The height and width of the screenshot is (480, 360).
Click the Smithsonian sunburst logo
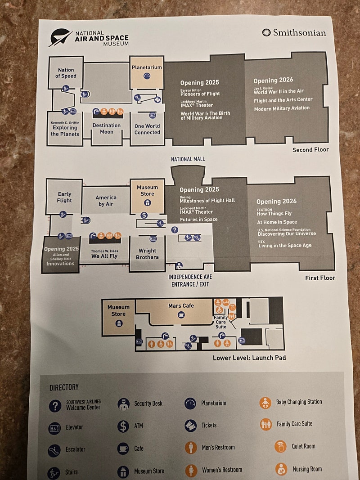266,32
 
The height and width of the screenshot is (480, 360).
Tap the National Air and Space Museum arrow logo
61,37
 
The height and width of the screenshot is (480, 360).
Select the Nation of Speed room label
66,73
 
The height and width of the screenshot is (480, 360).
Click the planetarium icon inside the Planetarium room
147,76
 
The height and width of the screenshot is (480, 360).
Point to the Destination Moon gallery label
107,129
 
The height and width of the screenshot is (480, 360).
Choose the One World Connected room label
147,129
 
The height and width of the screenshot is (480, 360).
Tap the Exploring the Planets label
65,131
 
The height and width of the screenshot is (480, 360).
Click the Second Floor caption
310,150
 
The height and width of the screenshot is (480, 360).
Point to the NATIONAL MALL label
188,159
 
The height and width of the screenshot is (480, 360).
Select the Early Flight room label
64,197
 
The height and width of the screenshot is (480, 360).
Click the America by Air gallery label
106,201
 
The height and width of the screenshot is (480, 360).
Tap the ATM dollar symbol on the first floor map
144,215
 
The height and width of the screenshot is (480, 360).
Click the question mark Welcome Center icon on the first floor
175,229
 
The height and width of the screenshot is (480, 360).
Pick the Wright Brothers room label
147,254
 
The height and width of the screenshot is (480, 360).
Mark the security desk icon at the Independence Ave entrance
179,266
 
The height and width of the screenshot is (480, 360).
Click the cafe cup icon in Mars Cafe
181,314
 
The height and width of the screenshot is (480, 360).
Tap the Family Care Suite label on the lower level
220,322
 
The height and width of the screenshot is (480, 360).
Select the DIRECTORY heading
64,387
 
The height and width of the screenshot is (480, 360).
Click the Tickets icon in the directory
190,426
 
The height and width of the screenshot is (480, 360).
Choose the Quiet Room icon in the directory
280,446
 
